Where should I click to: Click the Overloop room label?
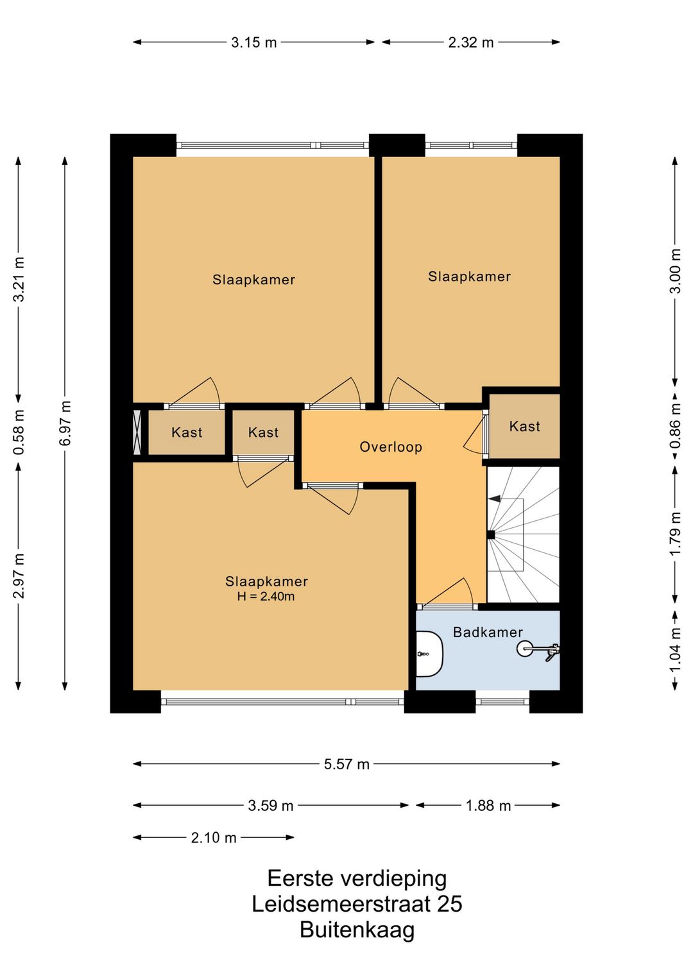[390, 447]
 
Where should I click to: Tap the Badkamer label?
[488, 632]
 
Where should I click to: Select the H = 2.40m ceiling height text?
[266, 596]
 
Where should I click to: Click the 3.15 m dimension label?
[253, 42]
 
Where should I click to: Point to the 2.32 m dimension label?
[470, 42]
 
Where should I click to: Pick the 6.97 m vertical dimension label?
[65, 423]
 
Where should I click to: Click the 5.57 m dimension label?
[346, 764]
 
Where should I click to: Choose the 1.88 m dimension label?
[488, 806]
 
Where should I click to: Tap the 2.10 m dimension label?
[214, 838]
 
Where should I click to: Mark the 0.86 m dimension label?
[675, 426]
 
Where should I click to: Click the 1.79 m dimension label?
[675, 533]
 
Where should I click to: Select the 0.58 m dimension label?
[19, 432]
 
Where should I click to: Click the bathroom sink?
[429, 654]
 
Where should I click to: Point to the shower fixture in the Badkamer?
[537, 650]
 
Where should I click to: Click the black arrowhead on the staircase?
[494, 498]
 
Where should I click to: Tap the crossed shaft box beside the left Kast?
[137, 432]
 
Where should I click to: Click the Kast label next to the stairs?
[524, 426]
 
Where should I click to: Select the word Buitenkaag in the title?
[357, 930]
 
